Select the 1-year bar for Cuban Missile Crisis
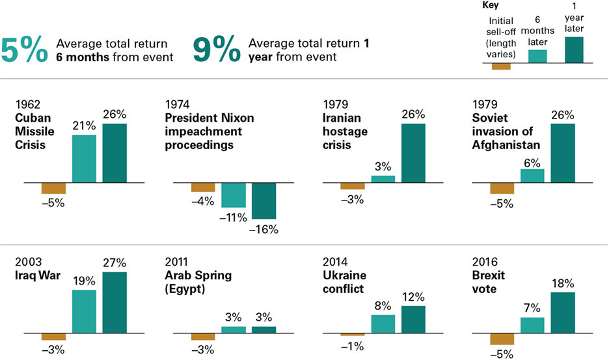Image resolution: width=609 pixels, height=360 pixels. (115, 152)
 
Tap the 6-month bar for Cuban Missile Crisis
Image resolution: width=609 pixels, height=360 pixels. (84, 158)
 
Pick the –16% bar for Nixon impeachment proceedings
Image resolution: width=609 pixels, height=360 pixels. (264, 201)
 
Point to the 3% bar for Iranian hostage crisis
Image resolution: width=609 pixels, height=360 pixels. (383, 179)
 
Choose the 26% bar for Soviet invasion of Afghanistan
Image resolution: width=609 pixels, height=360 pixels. (563, 152)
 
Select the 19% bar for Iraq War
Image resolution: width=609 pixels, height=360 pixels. (84, 311)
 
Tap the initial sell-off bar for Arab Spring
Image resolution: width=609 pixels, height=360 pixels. (203, 336)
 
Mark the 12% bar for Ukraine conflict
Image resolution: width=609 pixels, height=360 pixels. (413, 319)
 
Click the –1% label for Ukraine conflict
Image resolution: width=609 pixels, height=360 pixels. (353, 346)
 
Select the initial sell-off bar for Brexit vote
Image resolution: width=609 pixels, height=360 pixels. (502, 339)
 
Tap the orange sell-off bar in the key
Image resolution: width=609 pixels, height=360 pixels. (501, 66)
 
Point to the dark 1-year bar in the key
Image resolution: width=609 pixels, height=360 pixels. (574, 49)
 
